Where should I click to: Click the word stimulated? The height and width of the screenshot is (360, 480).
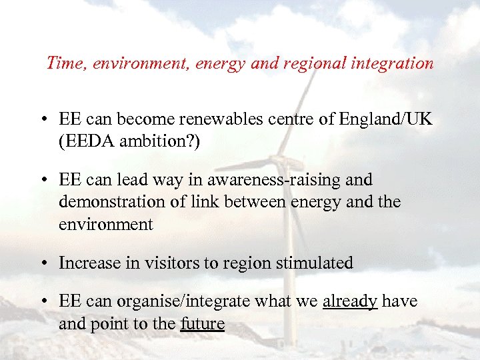coord(313,263)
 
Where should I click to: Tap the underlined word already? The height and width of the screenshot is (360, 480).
coord(350,302)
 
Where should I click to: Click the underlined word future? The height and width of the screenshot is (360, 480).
coord(203,324)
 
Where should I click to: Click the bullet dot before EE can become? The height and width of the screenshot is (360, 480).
coord(43,120)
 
